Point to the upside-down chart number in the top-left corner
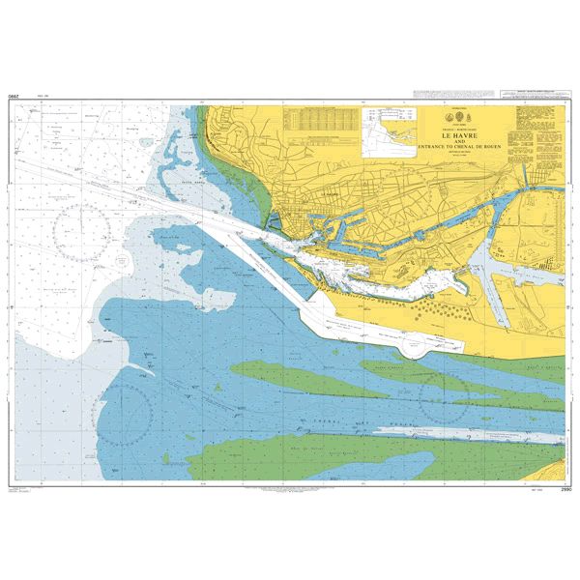pos(13,100)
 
